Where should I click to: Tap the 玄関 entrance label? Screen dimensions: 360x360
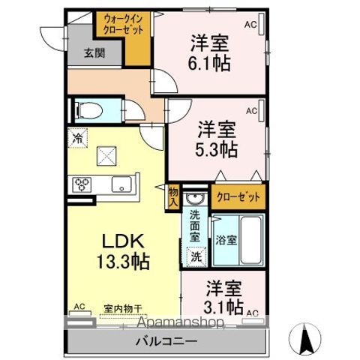tap(94, 53)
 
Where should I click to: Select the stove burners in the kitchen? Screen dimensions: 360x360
tap(82, 184)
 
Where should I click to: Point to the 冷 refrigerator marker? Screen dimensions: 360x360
tap(77, 138)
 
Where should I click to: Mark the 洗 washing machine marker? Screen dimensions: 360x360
tap(195, 255)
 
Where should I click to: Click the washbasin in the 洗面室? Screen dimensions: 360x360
tap(195, 198)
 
